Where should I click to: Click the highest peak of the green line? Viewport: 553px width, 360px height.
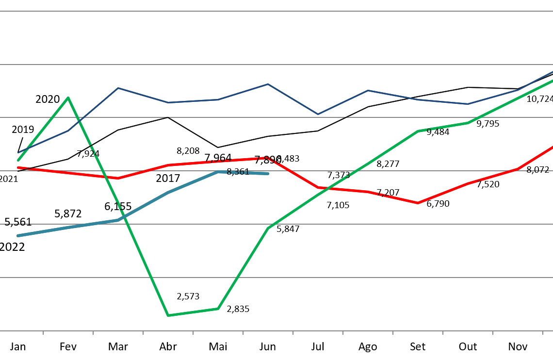pyautogui.click(x=68, y=98)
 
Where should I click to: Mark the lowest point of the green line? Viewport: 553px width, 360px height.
pyautogui.click(x=168, y=315)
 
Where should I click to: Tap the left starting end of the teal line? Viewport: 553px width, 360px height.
pyautogui.click(x=18, y=236)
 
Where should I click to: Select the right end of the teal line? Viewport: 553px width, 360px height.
pyautogui.click(x=267, y=173)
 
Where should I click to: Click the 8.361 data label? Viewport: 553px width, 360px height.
pyautogui.click(x=238, y=172)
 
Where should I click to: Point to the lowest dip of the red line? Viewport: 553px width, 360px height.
pyautogui.click(x=418, y=203)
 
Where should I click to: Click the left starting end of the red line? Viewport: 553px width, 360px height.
pyautogui.click(x=18, y=167)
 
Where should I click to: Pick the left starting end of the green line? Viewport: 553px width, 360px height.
pyautogui.click(x=18, y=160)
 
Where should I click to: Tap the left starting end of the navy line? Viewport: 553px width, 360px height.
pyautogui.click(x=18, y=153)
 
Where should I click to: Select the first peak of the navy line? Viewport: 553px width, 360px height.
pyautogui.click(x=118, y=88)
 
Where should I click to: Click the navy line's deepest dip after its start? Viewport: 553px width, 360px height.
pyautogui.click(x=318, y=115)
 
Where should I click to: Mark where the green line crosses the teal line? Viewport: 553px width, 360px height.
pyautogui.click(x=120, y=219)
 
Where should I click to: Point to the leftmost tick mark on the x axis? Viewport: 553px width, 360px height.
pyautogui.click(x=43, y=333)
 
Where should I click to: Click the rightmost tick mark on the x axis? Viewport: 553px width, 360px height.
pyautogui.click(x=542, y=333)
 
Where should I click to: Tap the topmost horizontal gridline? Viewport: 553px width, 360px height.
pyautogui.click(x=276, y=11)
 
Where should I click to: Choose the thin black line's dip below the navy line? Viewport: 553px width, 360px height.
pyautogui.click(x=217, y=147)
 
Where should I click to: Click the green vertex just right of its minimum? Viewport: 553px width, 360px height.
pyautogui.click(x=218, y=309)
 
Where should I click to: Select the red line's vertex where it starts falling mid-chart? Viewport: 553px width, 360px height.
pyautogui.click(x=268, y=157)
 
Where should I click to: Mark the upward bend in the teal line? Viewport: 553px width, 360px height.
pyautogui.click(x=118, y=220)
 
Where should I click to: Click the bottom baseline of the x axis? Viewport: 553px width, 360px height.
pyautogui.click(x=276, y=331)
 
